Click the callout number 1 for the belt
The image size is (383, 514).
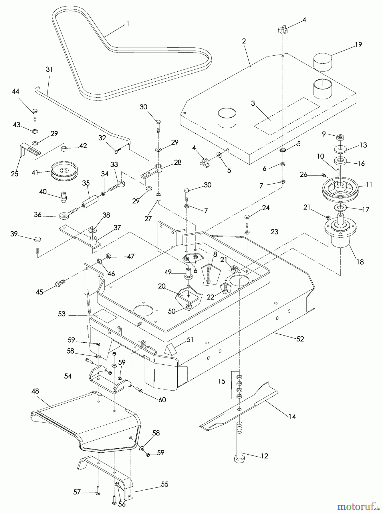point(128,23)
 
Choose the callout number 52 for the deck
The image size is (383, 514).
point(300,339)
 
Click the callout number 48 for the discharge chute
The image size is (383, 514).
point(35,391)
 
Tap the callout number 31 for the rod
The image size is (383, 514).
point(49,69)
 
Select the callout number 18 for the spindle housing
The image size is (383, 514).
point(360,262)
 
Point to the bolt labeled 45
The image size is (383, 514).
point(60,284)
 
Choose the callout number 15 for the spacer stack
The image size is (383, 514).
point(221,381)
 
